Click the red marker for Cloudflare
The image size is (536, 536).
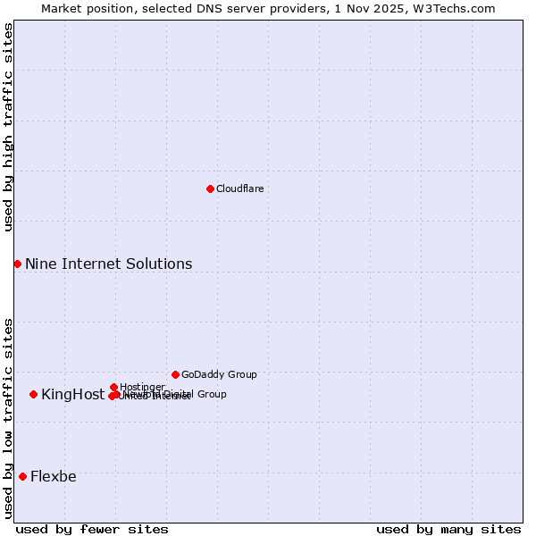coord(210,188)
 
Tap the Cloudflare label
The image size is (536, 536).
coord(239,188)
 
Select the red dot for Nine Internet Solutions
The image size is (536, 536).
coord(17,264)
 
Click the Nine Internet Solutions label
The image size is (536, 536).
coord(108,264)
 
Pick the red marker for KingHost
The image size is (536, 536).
coord(33,394)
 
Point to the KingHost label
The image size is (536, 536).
coord(72,394)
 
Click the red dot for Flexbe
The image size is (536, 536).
coord(22,476)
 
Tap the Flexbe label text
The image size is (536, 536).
coord(53,476)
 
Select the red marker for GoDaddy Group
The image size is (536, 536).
coord(175,374)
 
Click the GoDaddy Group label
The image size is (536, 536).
coord(219,374)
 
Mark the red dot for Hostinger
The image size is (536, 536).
coord(113,387)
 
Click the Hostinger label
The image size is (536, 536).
coord(142,387)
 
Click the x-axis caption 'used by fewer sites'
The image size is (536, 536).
coord(92,529)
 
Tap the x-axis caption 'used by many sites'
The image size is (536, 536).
coord(448,529)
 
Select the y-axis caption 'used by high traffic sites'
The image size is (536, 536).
coord(8,127)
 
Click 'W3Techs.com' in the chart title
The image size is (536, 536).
coord(458,8)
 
